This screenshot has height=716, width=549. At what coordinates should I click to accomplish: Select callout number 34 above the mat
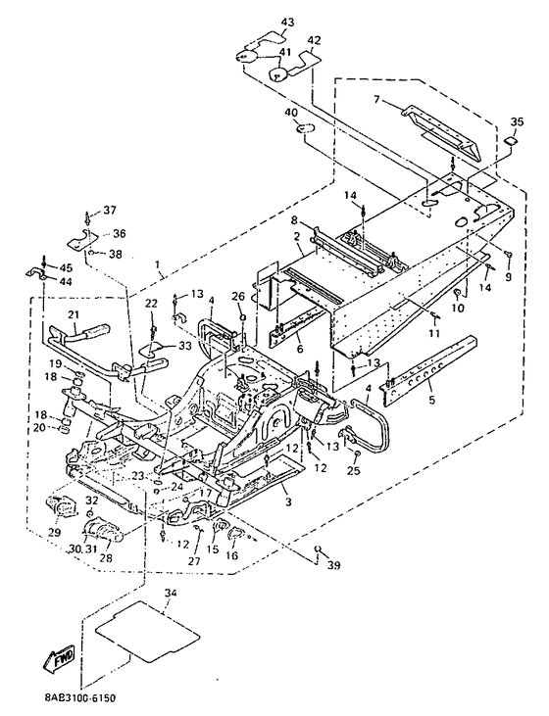click(171, 593)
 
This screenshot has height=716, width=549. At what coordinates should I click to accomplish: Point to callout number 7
click(376, 99)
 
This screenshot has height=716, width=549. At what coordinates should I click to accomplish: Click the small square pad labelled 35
click(511, 141)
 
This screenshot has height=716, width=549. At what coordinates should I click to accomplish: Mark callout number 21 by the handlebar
click(74, 315)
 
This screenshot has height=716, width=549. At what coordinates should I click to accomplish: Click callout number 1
click(158, 264)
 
